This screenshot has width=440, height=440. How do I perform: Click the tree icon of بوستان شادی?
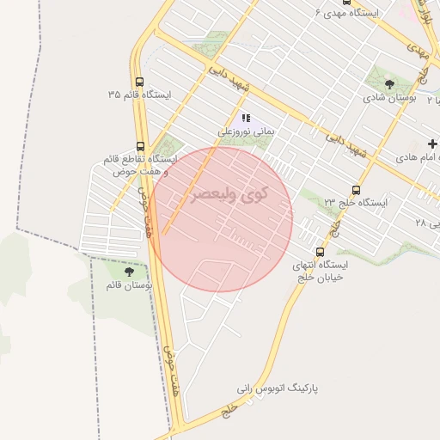389,85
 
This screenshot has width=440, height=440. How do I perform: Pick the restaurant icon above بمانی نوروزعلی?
245,118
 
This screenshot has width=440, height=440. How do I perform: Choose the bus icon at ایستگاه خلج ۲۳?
356,190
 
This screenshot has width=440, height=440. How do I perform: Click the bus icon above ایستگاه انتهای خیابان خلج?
320,252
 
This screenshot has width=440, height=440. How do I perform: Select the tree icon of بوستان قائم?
129,271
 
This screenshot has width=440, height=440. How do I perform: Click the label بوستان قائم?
129,284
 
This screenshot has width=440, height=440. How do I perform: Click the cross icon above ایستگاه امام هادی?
432,143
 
